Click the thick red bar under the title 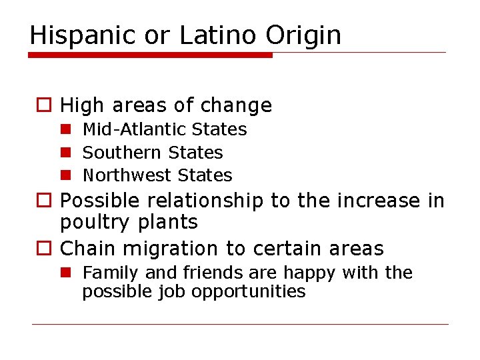(x=151, y=55)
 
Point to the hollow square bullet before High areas (x=43, y=106)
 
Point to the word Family (x=109, y=273)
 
